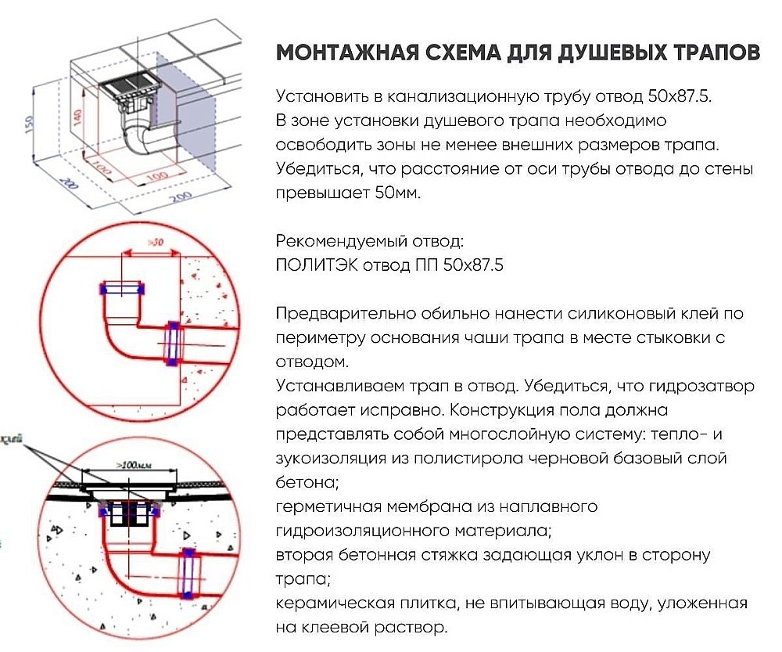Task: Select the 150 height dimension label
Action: (x=28, y=124)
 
